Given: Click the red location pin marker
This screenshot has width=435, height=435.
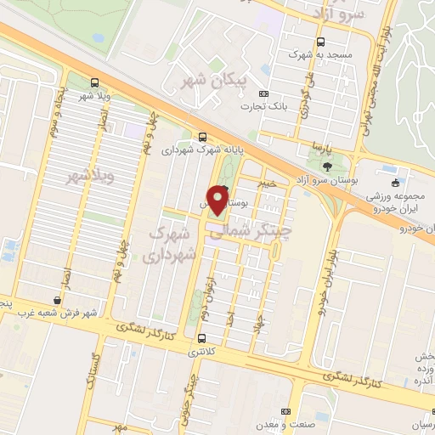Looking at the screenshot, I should [218, 199].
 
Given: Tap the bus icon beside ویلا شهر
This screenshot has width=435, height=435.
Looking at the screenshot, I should [93, 83].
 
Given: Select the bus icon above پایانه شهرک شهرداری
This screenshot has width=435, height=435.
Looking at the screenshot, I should [202, 137].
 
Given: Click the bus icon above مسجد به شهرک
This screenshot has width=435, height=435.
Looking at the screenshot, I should [320, 42].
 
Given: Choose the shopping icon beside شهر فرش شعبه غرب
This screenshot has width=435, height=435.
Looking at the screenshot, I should [57, 300].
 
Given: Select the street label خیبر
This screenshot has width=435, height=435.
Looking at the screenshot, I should [268, 183].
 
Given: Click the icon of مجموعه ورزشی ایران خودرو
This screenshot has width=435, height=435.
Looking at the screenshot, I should [394, 183].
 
